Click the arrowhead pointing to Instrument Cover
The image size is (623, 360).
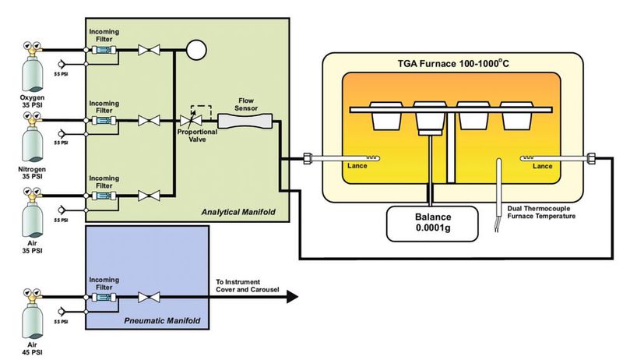[x=292, y=297]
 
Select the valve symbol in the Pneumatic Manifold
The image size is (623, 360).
[x=145, y=298]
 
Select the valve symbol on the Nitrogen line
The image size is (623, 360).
[x=145, y=121]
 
